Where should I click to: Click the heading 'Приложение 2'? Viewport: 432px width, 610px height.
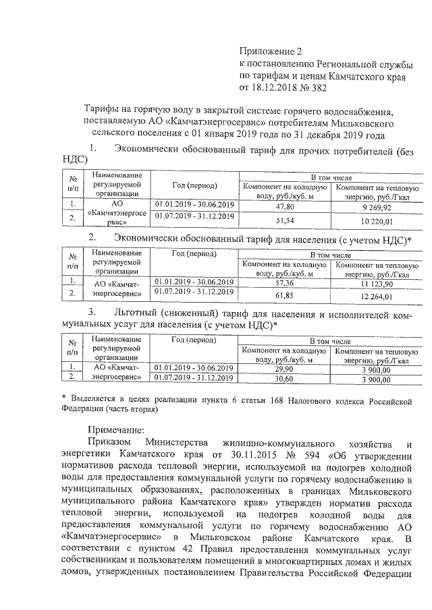(268, 51)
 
